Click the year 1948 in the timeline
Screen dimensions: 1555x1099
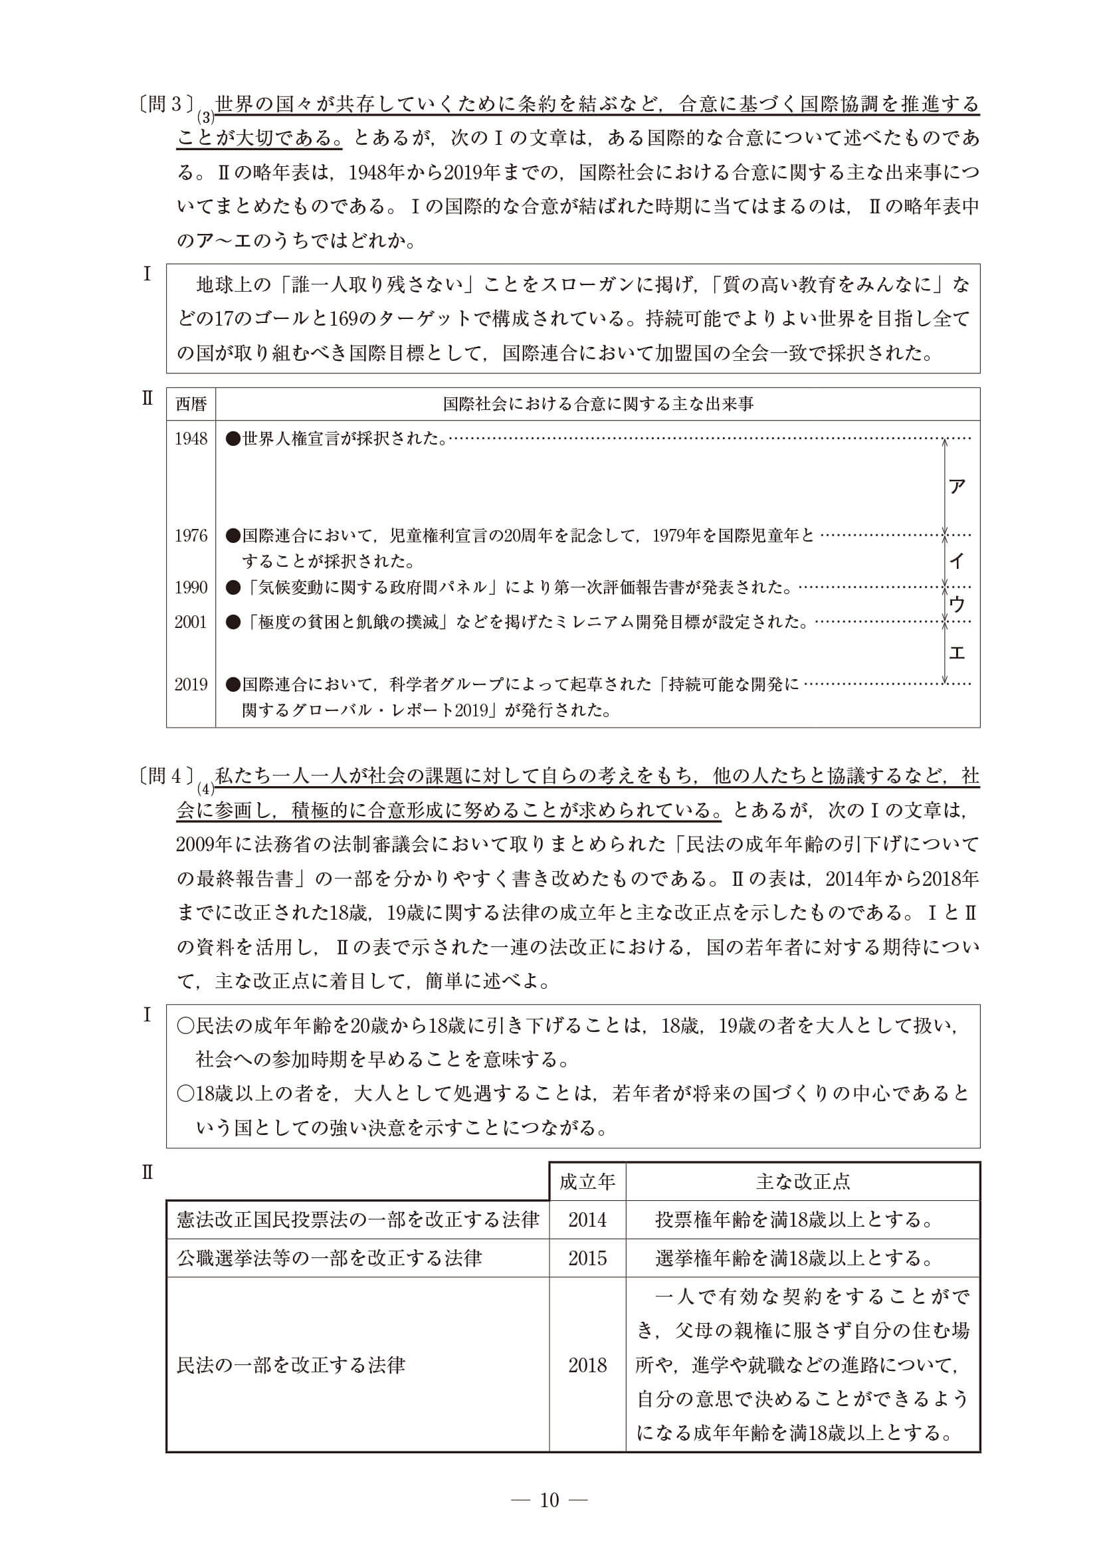(191, 439)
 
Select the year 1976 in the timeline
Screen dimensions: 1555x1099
(191, 536)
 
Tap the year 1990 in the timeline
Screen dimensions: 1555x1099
(191, 587)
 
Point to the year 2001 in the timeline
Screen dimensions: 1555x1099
(191, 622)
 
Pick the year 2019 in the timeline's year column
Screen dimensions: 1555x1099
(191, 684)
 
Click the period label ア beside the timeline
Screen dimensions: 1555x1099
(957, 486)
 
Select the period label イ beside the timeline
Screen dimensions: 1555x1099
(957, 561)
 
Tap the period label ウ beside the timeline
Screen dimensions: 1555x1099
(957, 604)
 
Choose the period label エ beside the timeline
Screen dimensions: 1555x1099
(957, 652)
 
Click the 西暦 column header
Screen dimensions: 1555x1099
(191, 404)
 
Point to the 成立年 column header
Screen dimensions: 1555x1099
(587, 1182)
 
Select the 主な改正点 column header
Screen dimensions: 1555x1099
(803, 1182)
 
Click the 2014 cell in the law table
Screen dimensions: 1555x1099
(587, 1220)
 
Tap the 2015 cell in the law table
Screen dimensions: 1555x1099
(587, 1259)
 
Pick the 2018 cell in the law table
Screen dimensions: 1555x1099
(587, 1365)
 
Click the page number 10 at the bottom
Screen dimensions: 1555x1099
(549, 1499)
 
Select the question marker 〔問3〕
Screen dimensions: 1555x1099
(166, 104)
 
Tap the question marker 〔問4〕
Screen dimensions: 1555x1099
(166, 776)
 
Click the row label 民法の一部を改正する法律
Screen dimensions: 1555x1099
(290, 1365)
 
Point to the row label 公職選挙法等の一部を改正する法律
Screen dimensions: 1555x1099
(329, 1259)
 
